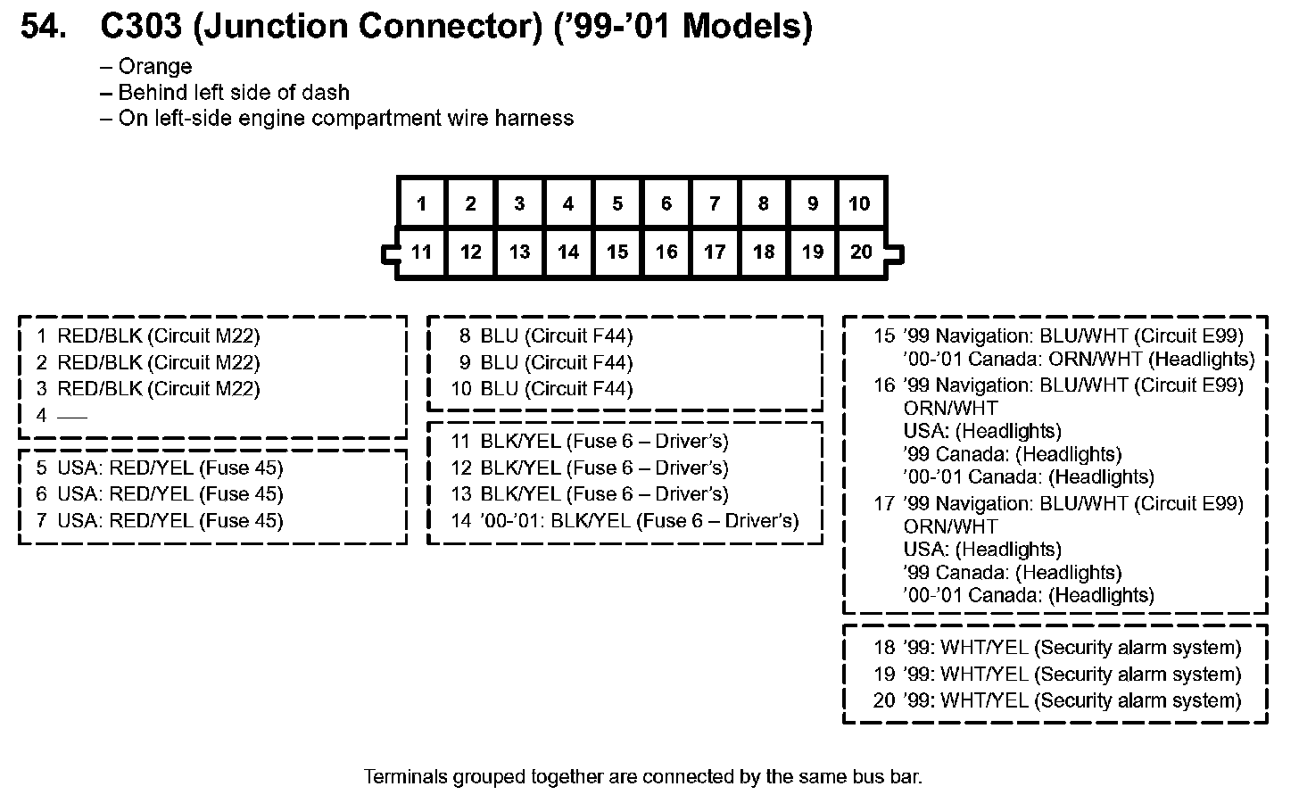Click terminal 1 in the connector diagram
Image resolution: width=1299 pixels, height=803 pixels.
(421, 204)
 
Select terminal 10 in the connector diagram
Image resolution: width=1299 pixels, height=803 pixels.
(859, 204)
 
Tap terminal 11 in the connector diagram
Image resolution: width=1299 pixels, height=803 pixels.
(421, 252)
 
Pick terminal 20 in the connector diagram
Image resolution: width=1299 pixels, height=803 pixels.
(861, 252)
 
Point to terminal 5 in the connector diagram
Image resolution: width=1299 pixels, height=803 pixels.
(616, 204)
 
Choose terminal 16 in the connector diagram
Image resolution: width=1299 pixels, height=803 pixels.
(666, 252)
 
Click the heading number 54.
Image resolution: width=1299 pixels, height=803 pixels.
(43, 27)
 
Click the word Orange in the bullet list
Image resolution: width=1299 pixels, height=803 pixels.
(154, 67)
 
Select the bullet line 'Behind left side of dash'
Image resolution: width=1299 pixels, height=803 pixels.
(234, 93)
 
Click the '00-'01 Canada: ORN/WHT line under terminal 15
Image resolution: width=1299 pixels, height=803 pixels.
(1079, 360)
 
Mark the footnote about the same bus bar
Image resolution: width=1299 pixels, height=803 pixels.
(642, 777)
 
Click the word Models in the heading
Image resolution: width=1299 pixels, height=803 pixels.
(746, 27)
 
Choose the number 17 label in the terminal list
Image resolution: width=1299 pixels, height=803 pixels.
(883, 504)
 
